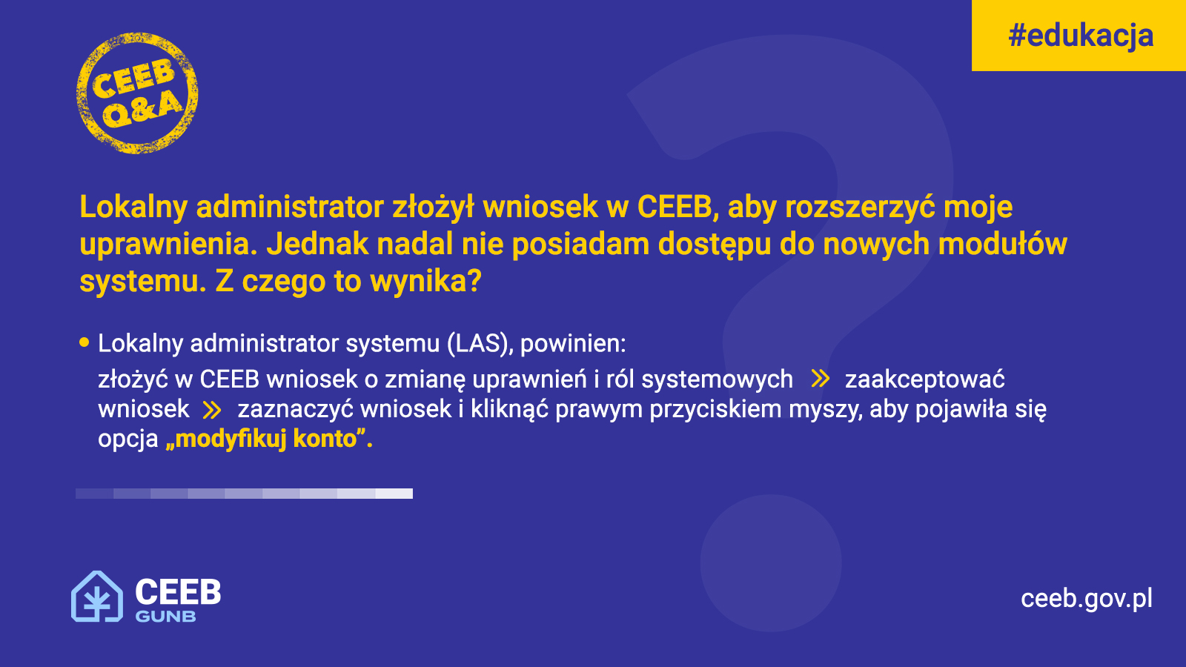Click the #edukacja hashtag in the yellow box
[1081, 36]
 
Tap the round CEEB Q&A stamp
[137, 93]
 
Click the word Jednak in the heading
[317, 244]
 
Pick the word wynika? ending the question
[425, 281]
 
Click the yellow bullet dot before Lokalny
[85, 342]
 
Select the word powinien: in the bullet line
[573, 344]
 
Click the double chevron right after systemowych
[820, 379]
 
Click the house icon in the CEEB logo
[97, 596]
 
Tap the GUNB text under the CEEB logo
[166, 616]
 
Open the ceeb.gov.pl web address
[1087, 599]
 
